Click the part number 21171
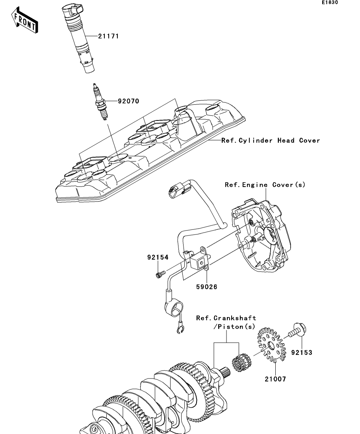(x=108, y=36)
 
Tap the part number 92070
(x=128, y=101)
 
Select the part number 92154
(x=158, y=257)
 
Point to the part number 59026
(x=207, y=287)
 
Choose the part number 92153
(x=302, y=353)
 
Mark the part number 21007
(x=275, y=379)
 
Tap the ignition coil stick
(x=79, y=38)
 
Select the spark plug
(x=100, y=102)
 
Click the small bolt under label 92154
(x=160, y=274)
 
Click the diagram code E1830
(x=330, y=2)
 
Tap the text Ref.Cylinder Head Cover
(x=271, y=140)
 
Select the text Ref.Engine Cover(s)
(x=265, y=185)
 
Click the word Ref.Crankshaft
(x=226, y=318)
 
